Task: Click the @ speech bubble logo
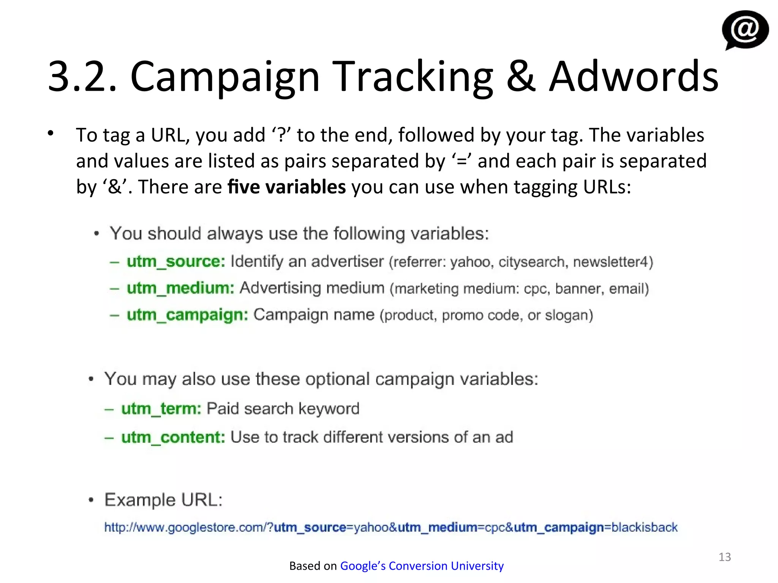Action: [x=745, y=30]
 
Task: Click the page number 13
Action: [x=724, y=557]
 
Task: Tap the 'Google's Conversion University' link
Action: [x=422, y=566]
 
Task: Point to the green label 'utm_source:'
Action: [x=176, y=262]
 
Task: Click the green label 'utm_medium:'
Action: [x=180, y=288]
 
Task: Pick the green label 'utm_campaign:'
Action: [x=187, y=315]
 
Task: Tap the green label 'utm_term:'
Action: [x=161, y=409]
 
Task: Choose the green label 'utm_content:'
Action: [x=173, y=437]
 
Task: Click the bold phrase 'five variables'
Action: [x=287, y=187]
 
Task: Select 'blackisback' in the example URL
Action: [x=644, y=527]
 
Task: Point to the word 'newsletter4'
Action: [x=612, y=262]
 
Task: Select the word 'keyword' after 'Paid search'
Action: [x=329, y=409]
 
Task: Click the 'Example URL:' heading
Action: [x=163, y=500]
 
